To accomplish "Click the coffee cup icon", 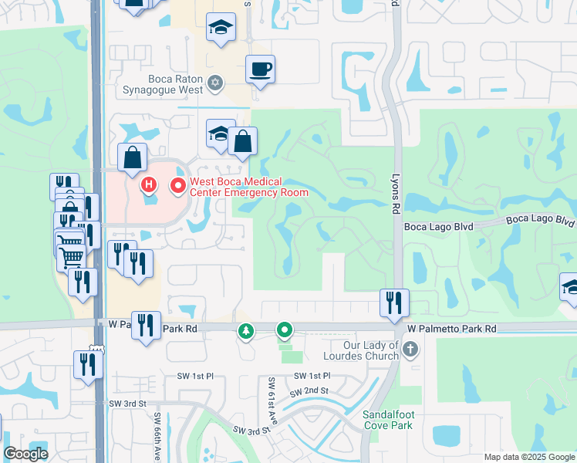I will click(x=260, y=70).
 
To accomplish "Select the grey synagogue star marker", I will click(x=216, y=83).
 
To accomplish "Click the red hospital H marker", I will click(x=148, y=185).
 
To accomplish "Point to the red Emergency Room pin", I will click(x=177, y=185).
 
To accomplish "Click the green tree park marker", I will click(x=246, y=331).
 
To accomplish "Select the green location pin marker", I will click(x=285, y=331).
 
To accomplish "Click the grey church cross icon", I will click(x=410, y=349).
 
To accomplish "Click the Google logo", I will click(x=25, y=454).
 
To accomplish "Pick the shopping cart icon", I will click(x=71, y=255).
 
